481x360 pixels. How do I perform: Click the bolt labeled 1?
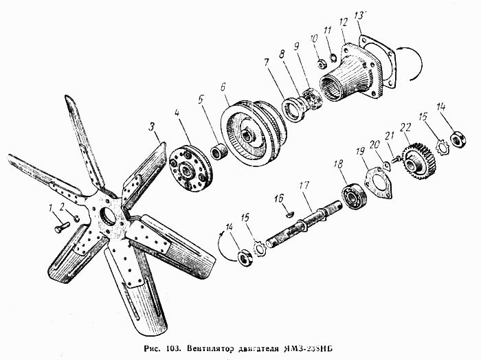point(63,227)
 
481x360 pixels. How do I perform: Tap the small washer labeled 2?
point(77,218)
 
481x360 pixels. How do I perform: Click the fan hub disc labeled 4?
point(190,169)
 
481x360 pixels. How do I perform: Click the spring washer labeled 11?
point(333,57)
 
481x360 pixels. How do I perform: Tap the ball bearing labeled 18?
point(354,196)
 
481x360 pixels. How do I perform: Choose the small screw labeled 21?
point(396,159)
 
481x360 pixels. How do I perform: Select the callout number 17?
point(304,185)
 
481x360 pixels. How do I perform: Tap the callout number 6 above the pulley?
point(223,87)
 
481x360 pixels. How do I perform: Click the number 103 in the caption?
point(170,348)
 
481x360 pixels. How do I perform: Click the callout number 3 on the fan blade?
point(152,126)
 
